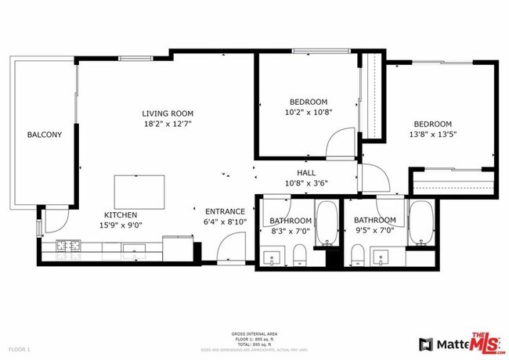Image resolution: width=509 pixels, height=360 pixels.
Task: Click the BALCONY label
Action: click(x=44, y=135)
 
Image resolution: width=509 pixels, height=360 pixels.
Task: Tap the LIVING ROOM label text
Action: click(x=167, y=112)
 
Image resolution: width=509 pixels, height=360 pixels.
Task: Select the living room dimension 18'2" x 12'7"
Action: click(x=167, y=123)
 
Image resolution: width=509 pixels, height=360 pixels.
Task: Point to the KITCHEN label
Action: click(x=121, y=214)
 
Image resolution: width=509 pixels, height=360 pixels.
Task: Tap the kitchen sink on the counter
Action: click(x=132, y=250)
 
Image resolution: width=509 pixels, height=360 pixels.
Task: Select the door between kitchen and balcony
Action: click(x=49, y=224)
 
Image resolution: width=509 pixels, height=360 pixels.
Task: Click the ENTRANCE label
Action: click(x=226, y=211)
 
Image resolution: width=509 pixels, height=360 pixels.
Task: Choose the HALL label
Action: click(x=306, y=173)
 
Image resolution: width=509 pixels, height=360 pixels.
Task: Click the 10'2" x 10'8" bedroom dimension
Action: click(x=309, y=113)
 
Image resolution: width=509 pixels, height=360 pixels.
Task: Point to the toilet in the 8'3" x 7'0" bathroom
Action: click(x=299, y=255)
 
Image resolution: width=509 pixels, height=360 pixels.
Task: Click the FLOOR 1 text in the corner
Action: click(x=19, y=348)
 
